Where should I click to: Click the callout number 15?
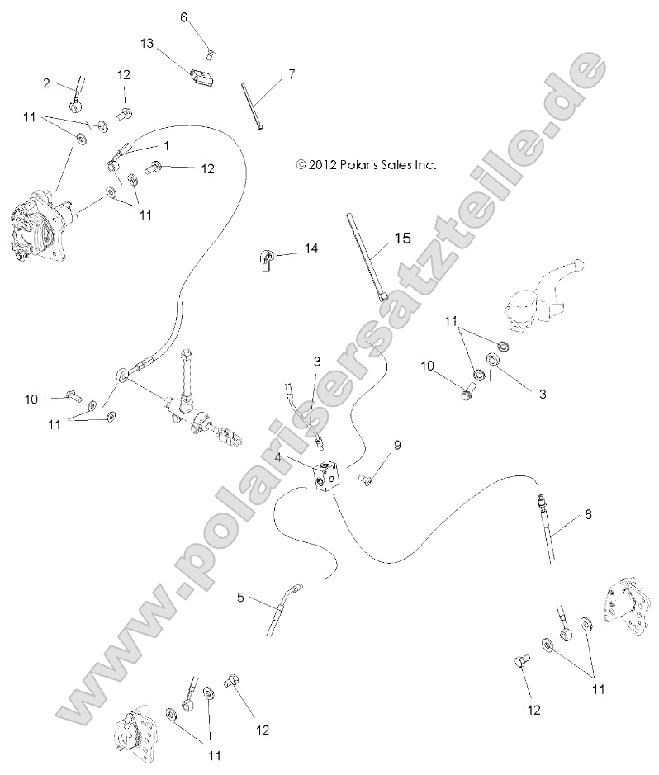point(402,239)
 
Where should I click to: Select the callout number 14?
point(311,248)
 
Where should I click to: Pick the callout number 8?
point(588,514)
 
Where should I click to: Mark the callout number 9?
point(397,446)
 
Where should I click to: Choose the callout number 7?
point(292,74)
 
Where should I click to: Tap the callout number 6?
point(184,17)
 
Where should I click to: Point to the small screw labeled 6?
point(208,55)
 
